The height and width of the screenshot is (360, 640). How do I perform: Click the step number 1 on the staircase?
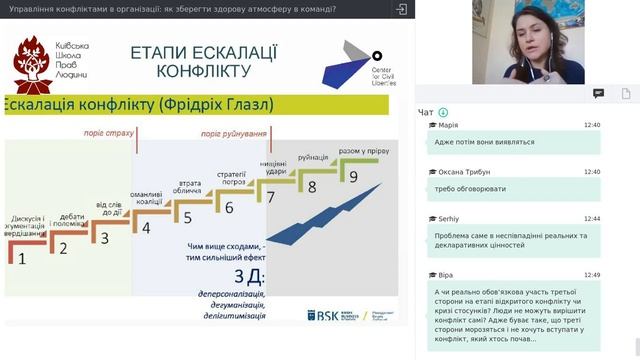point(22,257)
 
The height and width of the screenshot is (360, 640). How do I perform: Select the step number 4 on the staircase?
point(146,227)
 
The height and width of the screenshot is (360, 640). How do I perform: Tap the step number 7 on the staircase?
point(270,197)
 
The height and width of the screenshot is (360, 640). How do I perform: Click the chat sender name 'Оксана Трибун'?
point(463,172)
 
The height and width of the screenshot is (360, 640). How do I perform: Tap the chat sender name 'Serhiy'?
point(448,218)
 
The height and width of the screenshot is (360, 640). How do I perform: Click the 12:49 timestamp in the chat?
point(592,274)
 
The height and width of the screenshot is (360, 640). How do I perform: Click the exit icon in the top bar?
point(401,9)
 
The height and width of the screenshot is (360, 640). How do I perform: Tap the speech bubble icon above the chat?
point(598,93)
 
